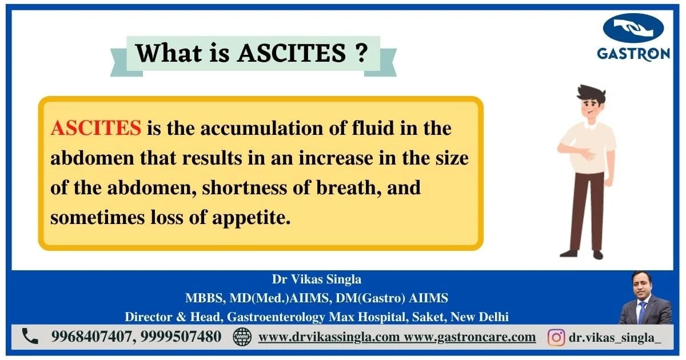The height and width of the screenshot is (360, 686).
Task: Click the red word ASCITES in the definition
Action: [95, 128]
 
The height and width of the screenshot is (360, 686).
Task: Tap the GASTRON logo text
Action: [633, 54]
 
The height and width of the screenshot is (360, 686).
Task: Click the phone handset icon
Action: [30, 337]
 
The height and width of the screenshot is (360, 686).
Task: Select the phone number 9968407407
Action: [92, 337]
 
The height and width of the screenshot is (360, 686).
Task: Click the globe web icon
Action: [242, 337]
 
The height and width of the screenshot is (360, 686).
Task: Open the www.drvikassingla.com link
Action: [329, 337]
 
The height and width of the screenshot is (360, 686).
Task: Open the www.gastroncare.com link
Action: [470, 337]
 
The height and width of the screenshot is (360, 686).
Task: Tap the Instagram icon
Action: [556, 337]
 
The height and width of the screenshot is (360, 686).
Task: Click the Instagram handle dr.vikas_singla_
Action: [615, 337]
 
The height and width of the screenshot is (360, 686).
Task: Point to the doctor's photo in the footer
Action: [645, 298]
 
